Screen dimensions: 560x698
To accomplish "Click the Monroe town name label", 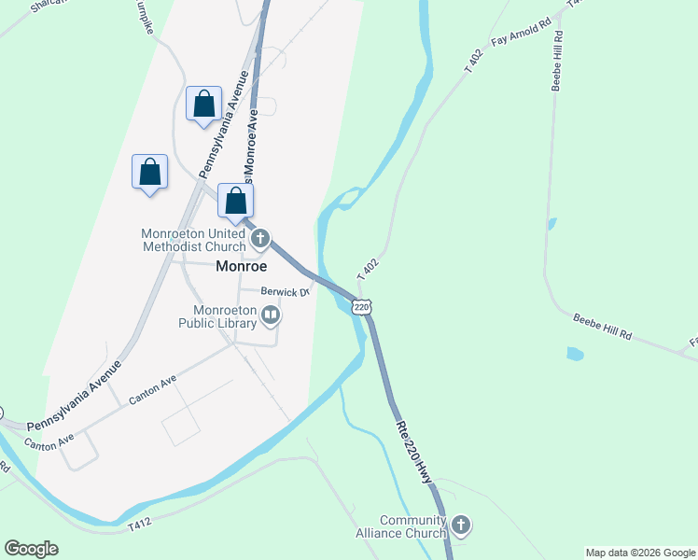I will coord(242,266).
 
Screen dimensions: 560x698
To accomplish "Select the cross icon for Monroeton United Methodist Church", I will coord(260,240).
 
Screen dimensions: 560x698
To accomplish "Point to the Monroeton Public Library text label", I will coord(224,316).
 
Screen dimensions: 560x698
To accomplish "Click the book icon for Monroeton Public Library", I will coord(271,316).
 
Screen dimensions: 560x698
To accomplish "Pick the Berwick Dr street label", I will coord(285,291).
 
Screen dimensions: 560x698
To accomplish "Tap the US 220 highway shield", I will coord(362,306).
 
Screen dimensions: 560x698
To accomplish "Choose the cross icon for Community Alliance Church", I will coord(460,526).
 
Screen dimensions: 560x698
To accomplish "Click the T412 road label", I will coord(139,524).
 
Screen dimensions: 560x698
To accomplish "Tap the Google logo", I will coord(31,549).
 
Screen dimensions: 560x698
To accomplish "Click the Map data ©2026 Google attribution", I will coord(640,553).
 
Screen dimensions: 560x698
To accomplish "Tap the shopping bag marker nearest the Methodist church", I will coord(236,201).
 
